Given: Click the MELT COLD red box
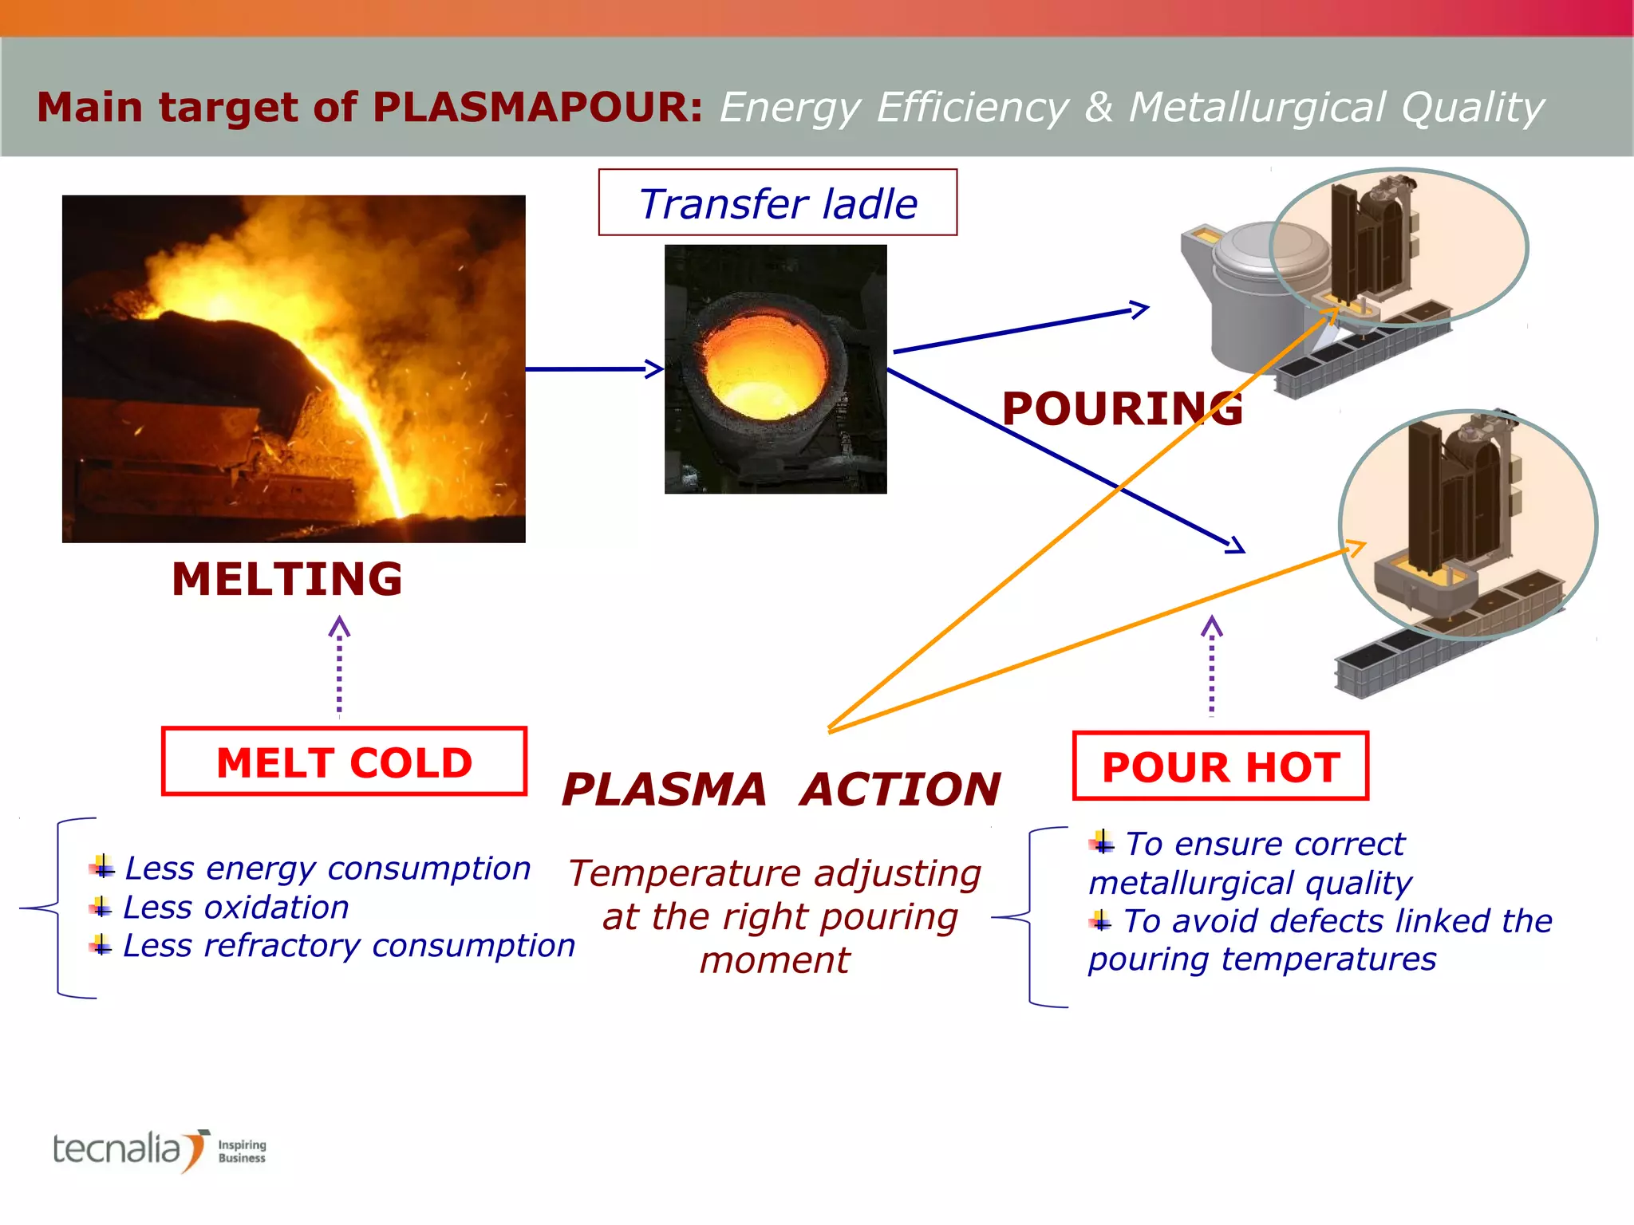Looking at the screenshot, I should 344,762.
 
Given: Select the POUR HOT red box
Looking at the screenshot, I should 1220,766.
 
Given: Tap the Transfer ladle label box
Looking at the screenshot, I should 778,203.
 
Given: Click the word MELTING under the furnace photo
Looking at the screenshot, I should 287,579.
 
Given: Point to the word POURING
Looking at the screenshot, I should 1122,409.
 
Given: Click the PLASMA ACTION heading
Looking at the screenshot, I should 780,790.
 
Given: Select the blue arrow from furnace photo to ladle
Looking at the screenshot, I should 594,368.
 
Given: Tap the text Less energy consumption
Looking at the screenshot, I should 328,869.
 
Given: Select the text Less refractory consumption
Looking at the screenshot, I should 349,946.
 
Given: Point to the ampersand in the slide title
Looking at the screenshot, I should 1099,107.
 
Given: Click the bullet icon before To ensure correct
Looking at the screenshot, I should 1103,842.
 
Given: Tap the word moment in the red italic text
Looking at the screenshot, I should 775,960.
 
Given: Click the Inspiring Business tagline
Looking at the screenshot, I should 242,1151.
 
